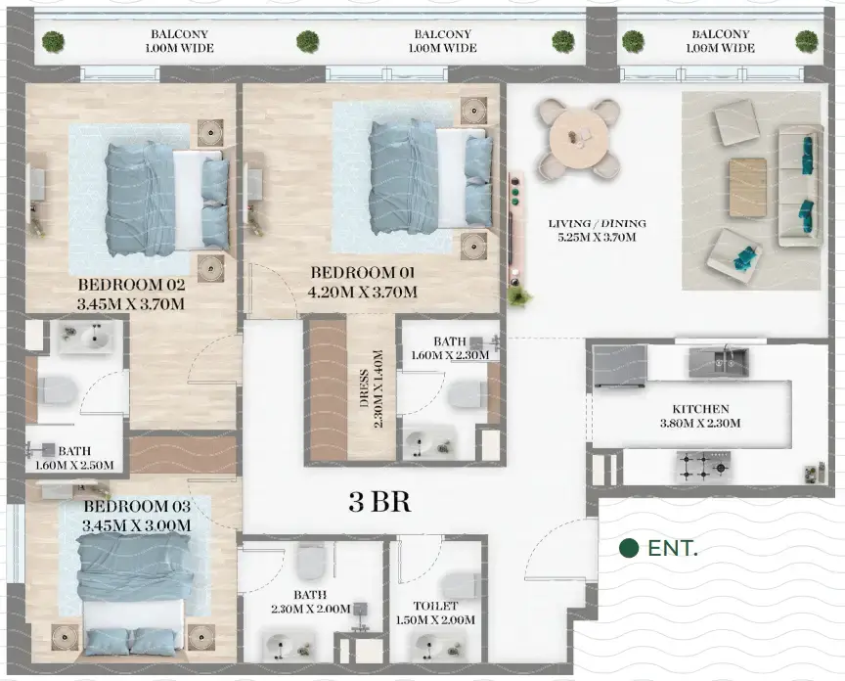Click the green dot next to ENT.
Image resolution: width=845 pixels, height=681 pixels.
tap(630, 548)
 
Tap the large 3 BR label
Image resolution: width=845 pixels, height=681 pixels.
tap(379, 503)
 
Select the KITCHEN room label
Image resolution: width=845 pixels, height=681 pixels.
tap(700, 409)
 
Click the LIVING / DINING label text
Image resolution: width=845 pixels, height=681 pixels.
tap(597, 224)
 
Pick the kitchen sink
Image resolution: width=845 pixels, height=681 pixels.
tap(719, 361)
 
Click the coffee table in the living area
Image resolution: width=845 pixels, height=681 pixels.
tap(747, 187)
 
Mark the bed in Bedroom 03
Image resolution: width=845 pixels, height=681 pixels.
tap(133, 587)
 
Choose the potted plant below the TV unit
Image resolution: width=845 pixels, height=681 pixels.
tap(518, 295)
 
